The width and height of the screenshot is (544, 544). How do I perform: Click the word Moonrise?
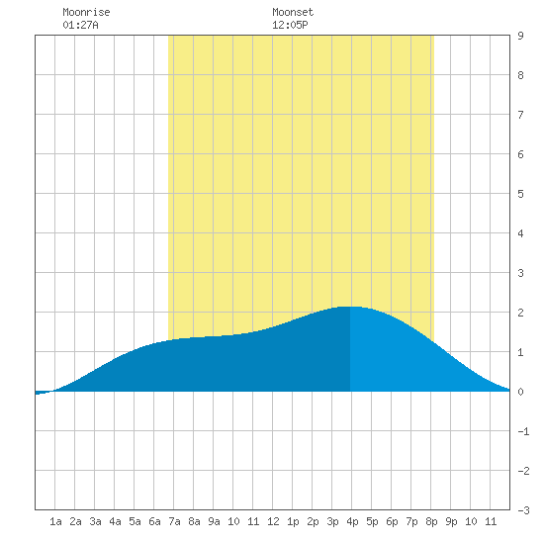point(86,12)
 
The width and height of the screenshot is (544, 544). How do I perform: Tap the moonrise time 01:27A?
point(80,25)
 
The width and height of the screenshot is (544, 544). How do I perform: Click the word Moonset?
point(293,12)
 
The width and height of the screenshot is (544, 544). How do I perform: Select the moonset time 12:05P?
point(290,25)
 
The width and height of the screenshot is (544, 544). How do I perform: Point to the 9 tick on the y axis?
point(520,36)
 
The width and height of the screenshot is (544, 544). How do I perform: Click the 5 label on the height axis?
point(520,194)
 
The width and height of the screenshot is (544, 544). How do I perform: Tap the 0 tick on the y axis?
point(520,392)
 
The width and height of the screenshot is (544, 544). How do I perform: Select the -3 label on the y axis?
point(523,510)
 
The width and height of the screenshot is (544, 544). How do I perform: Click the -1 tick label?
point(523,431)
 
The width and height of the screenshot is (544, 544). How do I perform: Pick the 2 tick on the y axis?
point(520,313)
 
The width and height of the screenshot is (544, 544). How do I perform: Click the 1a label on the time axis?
point(55,521)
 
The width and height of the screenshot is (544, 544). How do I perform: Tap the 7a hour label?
point(174,521)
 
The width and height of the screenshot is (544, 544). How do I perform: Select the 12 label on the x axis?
point(273,521)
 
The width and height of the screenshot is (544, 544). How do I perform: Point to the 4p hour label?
point(352,521)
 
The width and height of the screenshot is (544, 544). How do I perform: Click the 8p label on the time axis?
point(431,521)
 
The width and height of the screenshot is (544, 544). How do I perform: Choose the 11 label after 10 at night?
point(491,521)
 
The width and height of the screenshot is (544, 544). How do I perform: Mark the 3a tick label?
point(95,521)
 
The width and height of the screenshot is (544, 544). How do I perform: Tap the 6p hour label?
point(392,521)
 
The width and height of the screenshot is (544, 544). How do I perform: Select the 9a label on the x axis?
point(214,521)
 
